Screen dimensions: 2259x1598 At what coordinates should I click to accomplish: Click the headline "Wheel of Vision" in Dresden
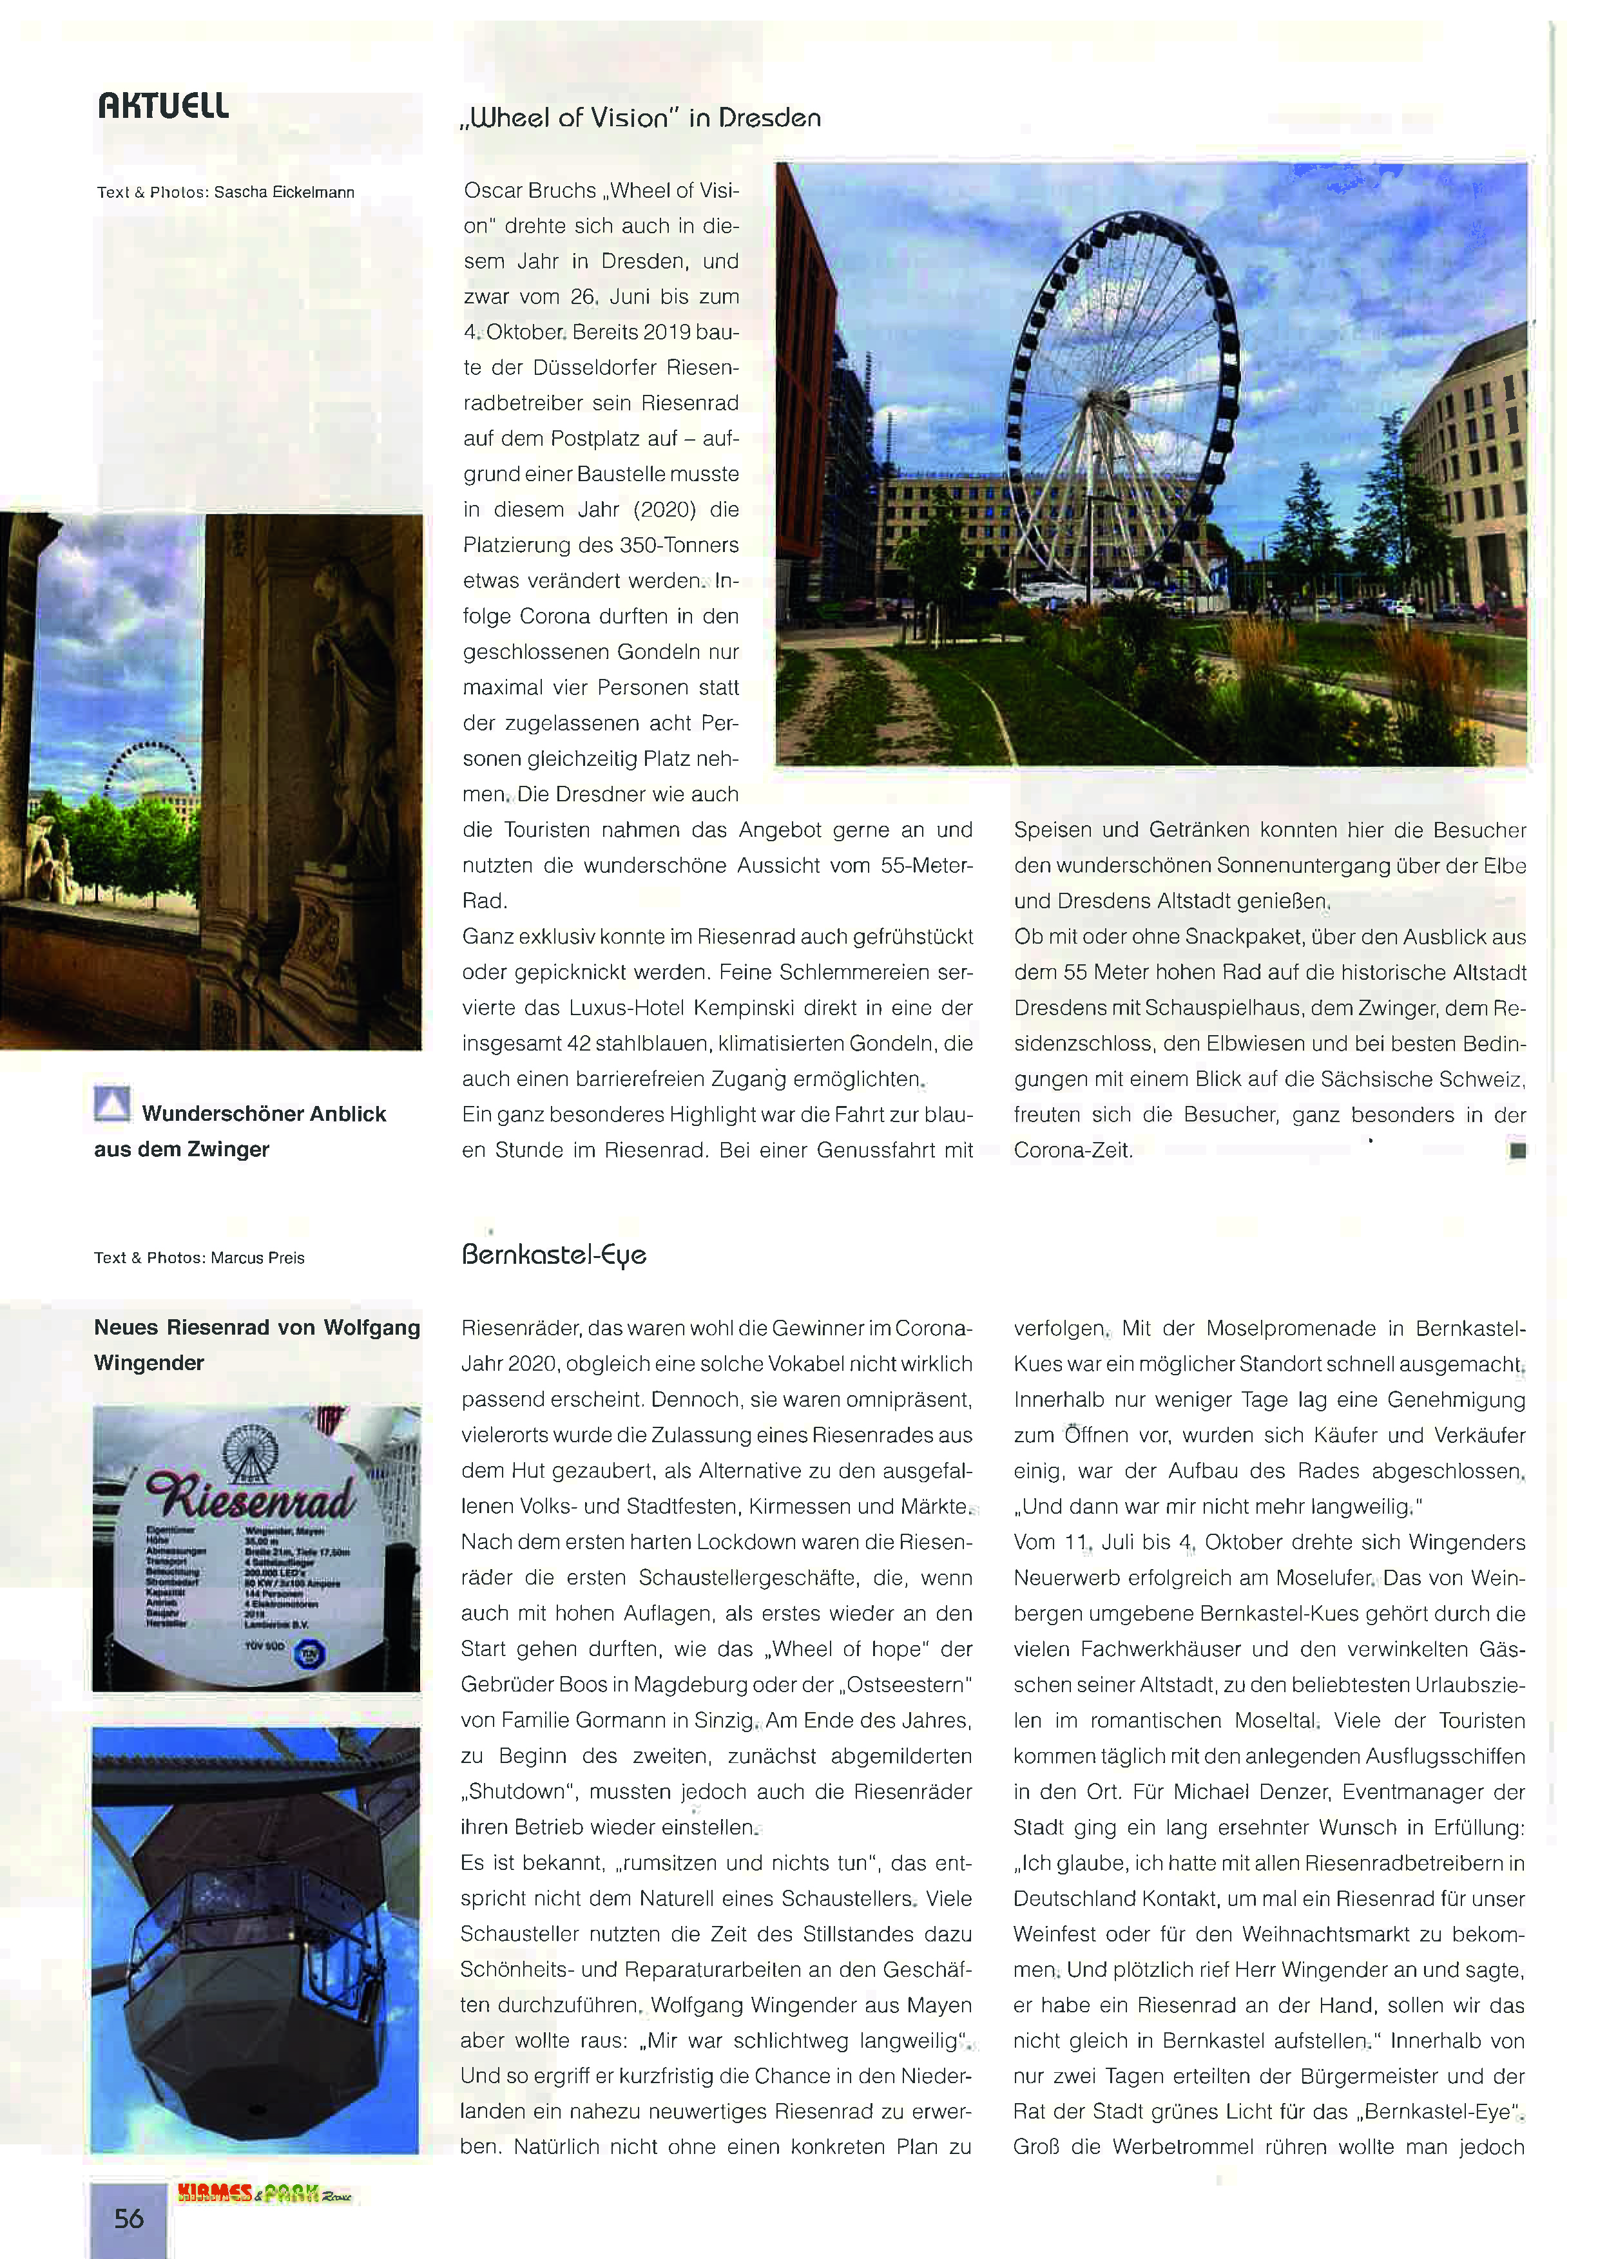640,118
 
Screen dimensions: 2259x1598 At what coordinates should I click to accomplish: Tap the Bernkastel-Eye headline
554,1255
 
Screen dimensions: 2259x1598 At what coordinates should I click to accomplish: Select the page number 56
129,2218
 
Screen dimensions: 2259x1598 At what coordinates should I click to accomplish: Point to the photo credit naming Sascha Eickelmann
226,192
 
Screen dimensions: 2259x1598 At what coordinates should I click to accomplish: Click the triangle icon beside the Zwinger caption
112,1104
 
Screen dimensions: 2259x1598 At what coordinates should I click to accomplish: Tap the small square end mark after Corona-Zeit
1517,1149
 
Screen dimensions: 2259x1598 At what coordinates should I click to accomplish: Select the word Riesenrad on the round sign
250,1498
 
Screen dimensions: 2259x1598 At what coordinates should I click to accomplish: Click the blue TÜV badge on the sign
310,1655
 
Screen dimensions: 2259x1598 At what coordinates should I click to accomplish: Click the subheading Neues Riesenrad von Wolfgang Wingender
257,1344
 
